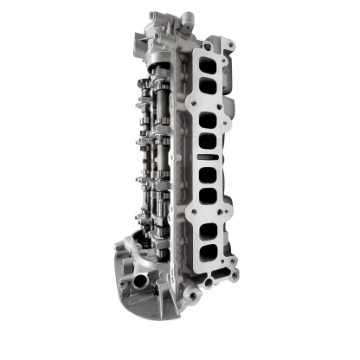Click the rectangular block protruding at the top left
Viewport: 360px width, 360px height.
pyautogui.click(x=155, y=18)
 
